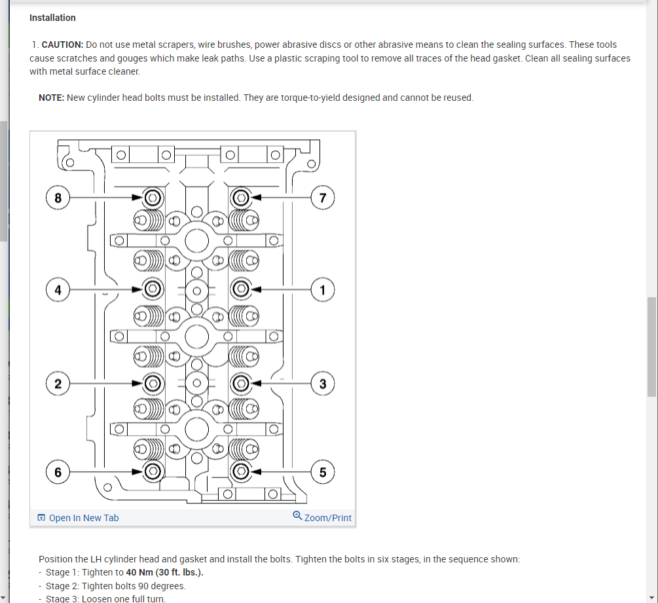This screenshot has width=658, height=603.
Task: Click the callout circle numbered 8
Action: pyautogui.click(x=58, y=197)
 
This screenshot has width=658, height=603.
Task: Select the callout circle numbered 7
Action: pyautogui.click(x=323, y=197)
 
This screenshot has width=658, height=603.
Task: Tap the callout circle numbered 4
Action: pyautogui.click(x=58, y=289)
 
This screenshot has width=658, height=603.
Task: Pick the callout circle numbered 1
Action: pyautogui.click(x=323, y=289)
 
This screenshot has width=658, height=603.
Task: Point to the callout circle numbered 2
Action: pyautogui.click(x=58, y=384)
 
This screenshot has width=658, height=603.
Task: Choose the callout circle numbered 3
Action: pyautogui.click(x=323, y=384)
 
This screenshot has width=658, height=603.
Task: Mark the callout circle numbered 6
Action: pyautogui.click(x=58, y=471)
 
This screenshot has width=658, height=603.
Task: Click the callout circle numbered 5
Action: pyautogui.click(x=323, y=471)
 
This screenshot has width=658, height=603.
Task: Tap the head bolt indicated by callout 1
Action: pyautogui.click(x=240, y=288)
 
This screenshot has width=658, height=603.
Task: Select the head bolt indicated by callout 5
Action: pyautogui.click(x=240, y=471)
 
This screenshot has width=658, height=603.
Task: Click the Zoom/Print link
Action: pyautogui.click(x=328, y=518)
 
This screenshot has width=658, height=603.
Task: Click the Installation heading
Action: pyautogui.click(x=52, y=18)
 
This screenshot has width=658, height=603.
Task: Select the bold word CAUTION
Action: pyautogui.click(x=62, y=45)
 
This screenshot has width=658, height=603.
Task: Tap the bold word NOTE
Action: pyautogui.click(x=50, y=98)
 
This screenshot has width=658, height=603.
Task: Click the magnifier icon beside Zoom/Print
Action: pyautogui.click(x=298, y=516)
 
